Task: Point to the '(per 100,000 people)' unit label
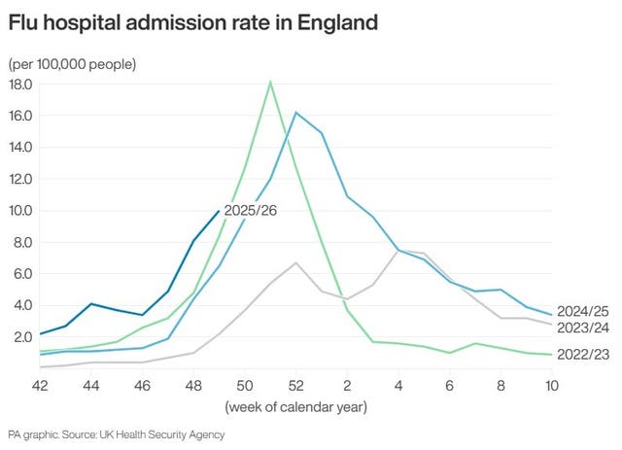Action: [x=73, y=64]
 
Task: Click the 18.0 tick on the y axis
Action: [x=20, y=85]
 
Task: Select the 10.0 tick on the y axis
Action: [x=20, y=211]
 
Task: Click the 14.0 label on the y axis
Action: [x=20, y=148]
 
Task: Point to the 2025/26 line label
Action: [x=250, y=210]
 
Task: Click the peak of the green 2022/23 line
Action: [x=270, y=82]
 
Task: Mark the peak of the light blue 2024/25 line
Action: [x=295, y=113]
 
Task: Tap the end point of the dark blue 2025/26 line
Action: [x=219, y=210]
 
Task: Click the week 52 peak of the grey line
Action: [x=295, y=262]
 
